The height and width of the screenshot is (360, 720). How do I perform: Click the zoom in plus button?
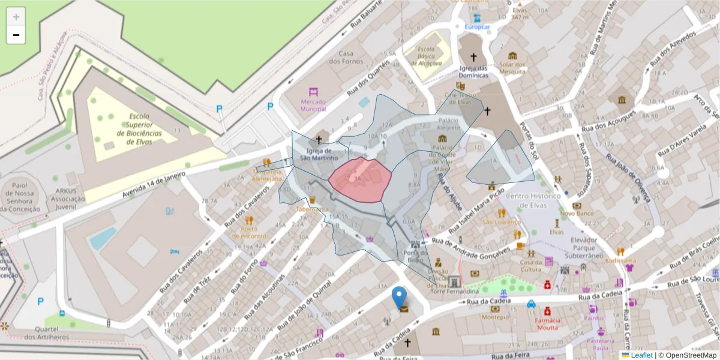16,17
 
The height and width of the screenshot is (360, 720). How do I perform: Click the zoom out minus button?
16,35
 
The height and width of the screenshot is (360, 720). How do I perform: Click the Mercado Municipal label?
313,106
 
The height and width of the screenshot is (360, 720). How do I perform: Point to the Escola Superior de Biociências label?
139,129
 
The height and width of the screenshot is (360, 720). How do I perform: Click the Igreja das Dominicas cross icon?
473,58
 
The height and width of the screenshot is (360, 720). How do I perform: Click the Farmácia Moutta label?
547,324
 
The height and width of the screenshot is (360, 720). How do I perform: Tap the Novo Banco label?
577,213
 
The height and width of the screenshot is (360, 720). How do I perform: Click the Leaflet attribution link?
641,355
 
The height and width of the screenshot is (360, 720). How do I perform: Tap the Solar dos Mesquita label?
512,68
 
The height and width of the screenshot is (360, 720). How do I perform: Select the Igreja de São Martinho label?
319,155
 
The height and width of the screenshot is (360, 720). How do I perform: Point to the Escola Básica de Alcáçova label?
426,56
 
